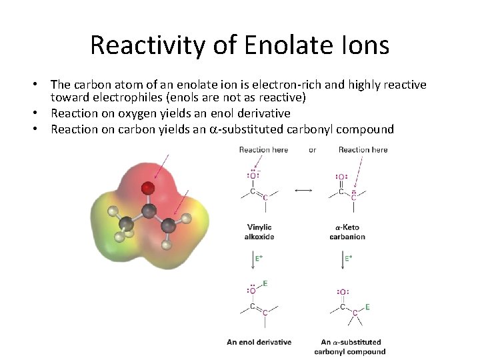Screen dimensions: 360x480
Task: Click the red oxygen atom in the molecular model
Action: click(148, 189)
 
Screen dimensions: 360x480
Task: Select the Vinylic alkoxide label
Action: click(259, 232)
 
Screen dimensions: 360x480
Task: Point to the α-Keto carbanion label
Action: click(347, 232)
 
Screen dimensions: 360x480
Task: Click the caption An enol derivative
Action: click(259, 342)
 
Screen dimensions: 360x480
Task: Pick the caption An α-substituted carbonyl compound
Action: click(349, 347)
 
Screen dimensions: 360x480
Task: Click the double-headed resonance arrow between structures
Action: click(303, 191)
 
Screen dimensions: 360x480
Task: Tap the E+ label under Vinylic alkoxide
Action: click(259, 257)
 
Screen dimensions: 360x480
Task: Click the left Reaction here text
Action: click(263, 149)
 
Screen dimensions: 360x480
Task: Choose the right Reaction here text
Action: click(363, 149)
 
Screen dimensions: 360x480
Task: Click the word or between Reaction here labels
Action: click(312, 149)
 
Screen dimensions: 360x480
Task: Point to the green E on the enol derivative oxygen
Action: click(265, 283)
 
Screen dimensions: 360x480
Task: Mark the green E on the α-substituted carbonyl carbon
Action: click(367, 307)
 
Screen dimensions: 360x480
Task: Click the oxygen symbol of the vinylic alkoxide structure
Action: click(253, 176)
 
